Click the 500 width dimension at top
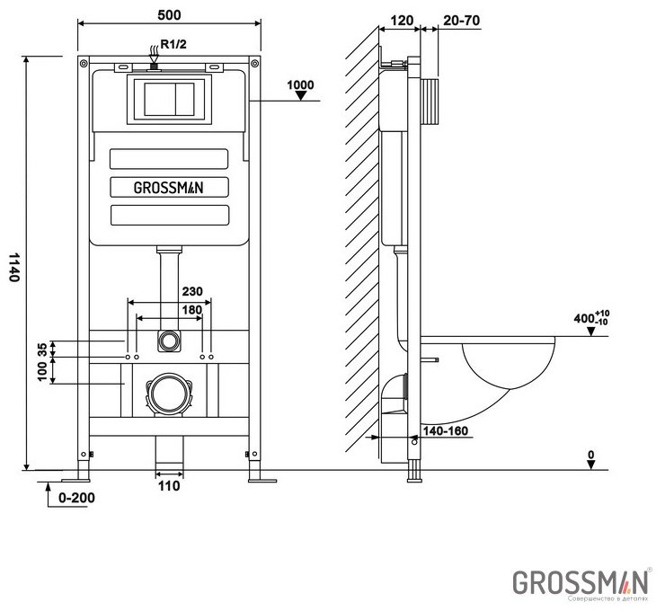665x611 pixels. [x=168, y=13]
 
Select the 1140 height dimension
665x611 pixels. [x=13, y=267]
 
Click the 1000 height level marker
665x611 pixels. [x=301, y=85]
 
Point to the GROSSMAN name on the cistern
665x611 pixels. [x=168, y=188]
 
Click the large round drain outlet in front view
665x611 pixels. [x=167, y=393]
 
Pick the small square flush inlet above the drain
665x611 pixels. [x=168, y=341]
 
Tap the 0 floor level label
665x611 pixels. [x=591, y=456]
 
